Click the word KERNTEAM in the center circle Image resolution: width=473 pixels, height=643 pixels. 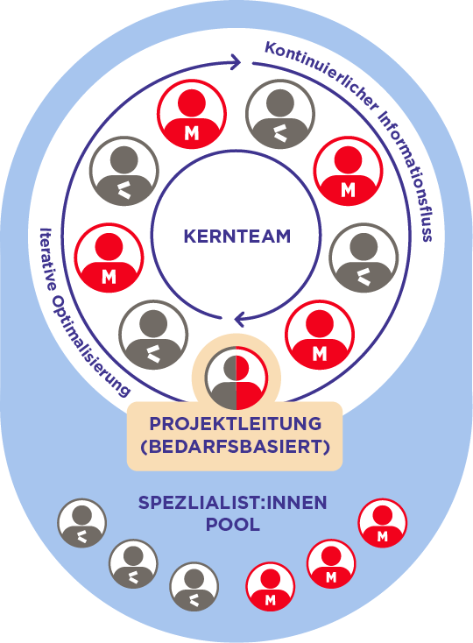[236, 237]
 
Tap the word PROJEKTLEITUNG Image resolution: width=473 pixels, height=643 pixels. [236, 424]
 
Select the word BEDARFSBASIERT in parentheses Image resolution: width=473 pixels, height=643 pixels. [236, 447]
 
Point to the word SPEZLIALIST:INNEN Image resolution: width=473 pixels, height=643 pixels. [232, 503]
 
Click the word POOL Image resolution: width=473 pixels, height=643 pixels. [232, 525]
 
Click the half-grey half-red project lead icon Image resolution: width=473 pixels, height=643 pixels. [236, 378]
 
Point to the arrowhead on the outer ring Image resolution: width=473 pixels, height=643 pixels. [235, 62]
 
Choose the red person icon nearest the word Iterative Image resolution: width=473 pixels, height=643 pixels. [109, 258]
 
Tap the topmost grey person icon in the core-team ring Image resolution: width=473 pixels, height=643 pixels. [280, 114]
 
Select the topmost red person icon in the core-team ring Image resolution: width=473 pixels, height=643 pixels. [192, 114]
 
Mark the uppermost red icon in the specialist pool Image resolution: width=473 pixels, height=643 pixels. [383, 523]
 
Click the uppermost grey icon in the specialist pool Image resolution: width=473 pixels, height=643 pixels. [82, 523]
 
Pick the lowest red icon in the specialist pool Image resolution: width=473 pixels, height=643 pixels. [270, 586]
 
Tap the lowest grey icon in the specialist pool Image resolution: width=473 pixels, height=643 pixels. [194, 586]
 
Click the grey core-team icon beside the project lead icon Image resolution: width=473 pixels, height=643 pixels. [153, 335]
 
